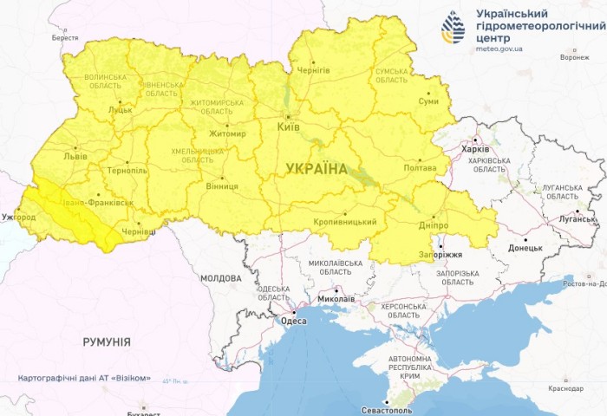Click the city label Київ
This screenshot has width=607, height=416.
pyautogui.click(x=288, y=127)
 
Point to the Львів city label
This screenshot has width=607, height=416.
pyautogui.click(x=75, y=157)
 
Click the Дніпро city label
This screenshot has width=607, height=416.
pyautogui.click(x=434, y=224)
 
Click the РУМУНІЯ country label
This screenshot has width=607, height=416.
pyautogui.click(x=107, y=342)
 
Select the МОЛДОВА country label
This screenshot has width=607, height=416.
pyautogui.click(x=220, y=278)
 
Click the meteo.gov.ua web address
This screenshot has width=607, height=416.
pyautogui.click(x=499, y=49)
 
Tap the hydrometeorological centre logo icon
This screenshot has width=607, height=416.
pyautogui.click(x=453, y=28)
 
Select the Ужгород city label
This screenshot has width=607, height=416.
pyautogui.click(x=19, y=216)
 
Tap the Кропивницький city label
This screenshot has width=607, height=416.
pyautogui.click(x=344, y=222)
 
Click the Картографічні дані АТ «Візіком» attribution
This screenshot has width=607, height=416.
pyautogui.click(x=90, y=379)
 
